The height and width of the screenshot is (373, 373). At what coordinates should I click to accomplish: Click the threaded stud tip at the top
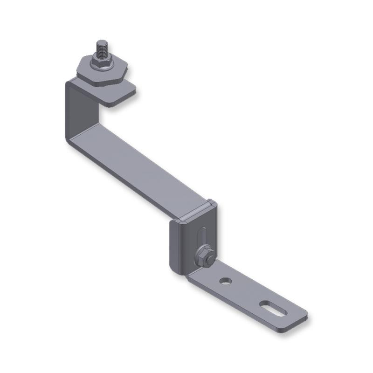tap(102, 44)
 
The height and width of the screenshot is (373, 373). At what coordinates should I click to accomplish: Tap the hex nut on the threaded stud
tap(102, 59)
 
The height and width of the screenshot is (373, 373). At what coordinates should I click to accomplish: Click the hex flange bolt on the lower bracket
tap(205, 256)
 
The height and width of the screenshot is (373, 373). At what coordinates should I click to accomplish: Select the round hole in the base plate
tap(226, 281)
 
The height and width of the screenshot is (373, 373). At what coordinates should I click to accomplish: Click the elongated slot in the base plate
tap(272, 308)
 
